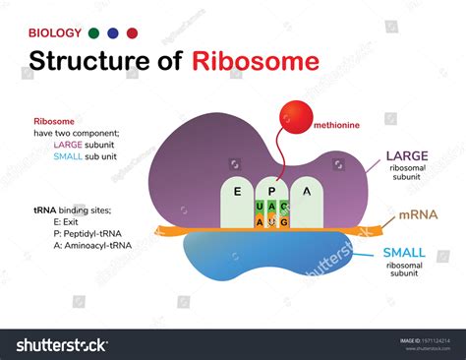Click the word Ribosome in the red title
coord(256,61)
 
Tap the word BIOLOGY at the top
coord(54,32)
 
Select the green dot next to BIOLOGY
coord(93,32)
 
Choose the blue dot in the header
coord(112,32)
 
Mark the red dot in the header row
coord(132,32)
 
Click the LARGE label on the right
coord(406,155)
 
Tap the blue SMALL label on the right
coord(404,253)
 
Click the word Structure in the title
coord(82,61)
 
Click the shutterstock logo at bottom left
coord(61,344)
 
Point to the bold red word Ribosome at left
coord(53,121)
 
